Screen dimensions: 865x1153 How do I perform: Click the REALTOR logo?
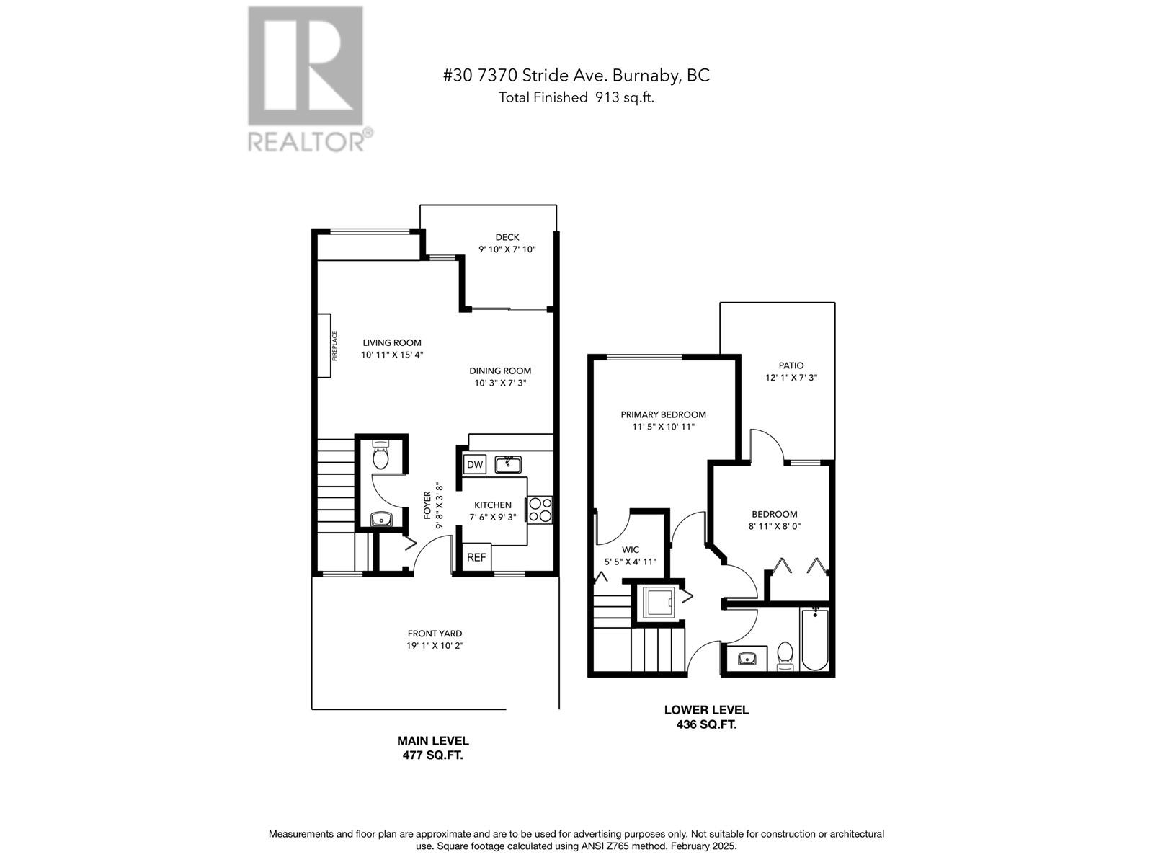[309, 79]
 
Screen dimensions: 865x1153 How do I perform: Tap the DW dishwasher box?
[475, 464]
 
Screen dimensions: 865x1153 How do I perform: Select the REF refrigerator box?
[476, 557]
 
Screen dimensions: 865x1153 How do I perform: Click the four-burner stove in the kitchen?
[540, 510]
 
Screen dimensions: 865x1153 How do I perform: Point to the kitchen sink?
[508, 463]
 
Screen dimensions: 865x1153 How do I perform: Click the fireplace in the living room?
[325, 345]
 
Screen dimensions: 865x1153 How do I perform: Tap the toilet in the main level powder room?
[380, 456]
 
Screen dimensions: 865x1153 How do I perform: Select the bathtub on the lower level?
[814, 640]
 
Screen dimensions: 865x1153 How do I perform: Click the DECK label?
[507, 237]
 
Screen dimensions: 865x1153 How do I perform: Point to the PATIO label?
[791, 365]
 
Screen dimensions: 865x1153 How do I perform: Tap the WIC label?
[631, 549]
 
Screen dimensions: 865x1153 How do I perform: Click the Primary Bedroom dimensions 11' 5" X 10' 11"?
[664, 427]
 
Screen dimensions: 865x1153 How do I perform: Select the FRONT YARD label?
[435, 634]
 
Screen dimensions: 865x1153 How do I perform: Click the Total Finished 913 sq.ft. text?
[576, 98]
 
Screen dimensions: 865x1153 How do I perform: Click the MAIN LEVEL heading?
[433, 740]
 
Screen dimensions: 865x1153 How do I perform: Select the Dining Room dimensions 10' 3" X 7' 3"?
[500, 383]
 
